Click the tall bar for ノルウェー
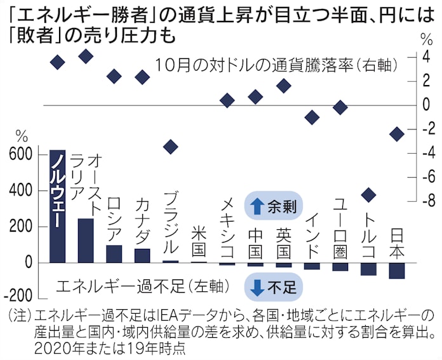58,206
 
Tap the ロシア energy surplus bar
114,253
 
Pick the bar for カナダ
142,255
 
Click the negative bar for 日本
397,270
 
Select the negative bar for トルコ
368,269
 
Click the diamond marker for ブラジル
170,147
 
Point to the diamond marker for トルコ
368,194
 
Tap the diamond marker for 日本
397,134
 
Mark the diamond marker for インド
312,117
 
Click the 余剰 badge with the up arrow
272,205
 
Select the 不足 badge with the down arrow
272,288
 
